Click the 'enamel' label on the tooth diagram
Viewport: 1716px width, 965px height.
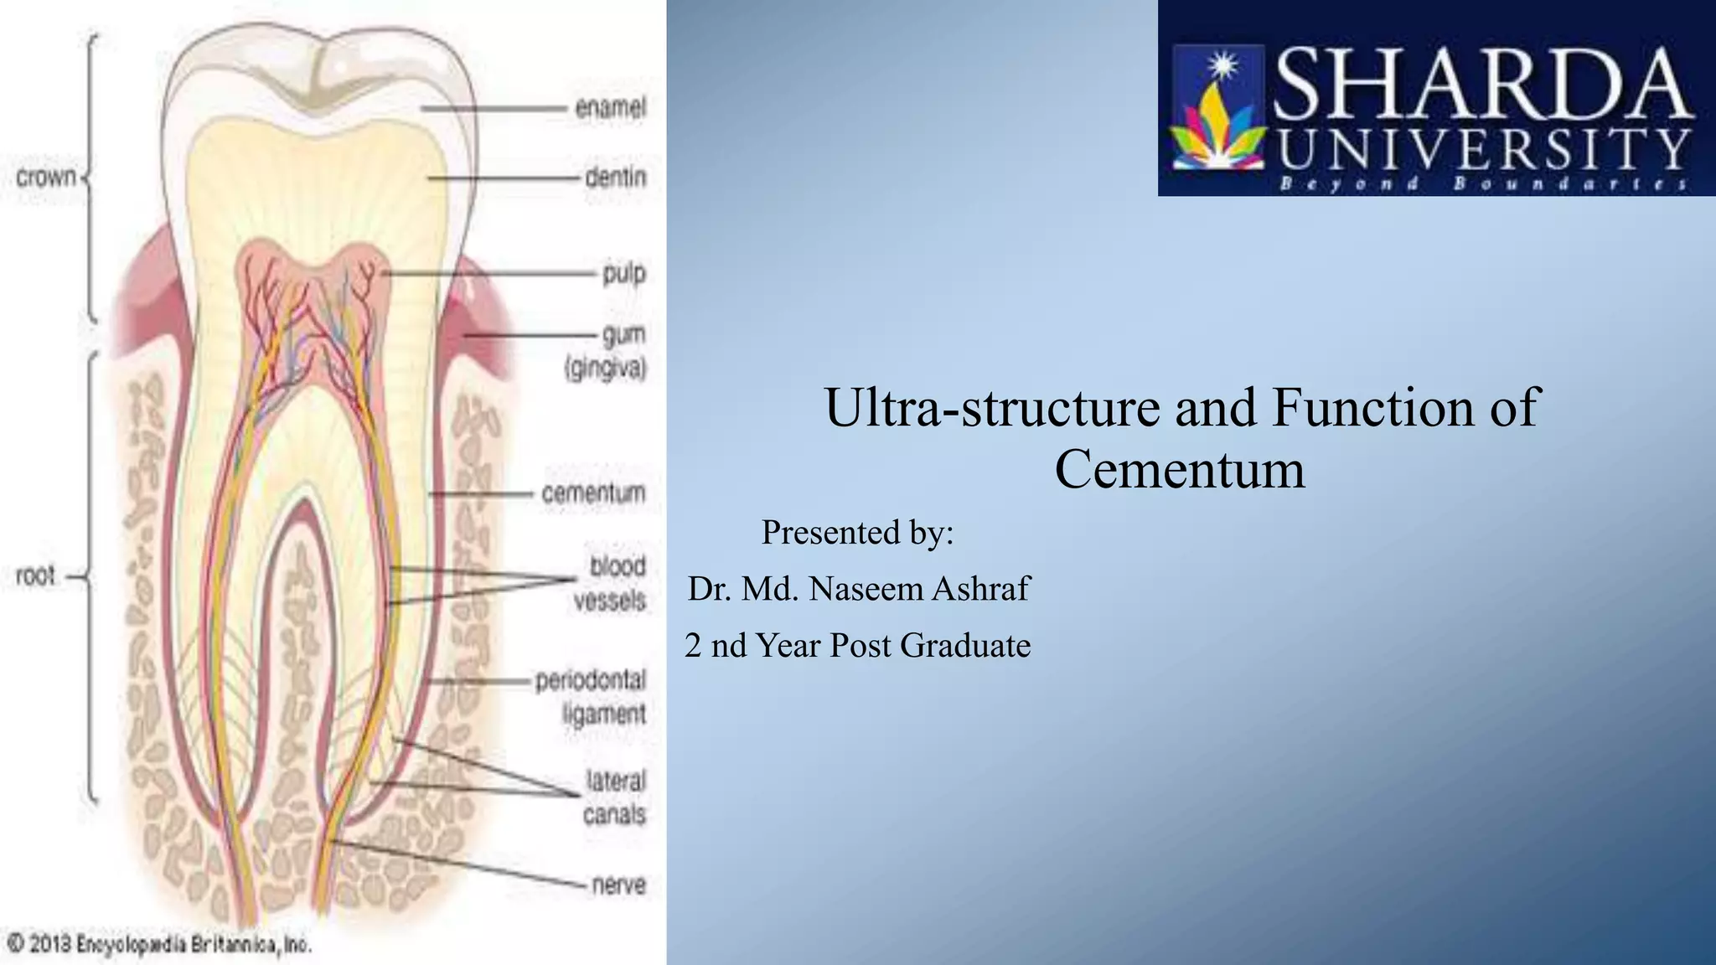pyautogui.click(x=610, y=108)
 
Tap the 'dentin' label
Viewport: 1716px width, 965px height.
pyautogui.click(x=615, y=178)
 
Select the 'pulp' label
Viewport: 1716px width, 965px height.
pyautogui.click(x=624, y=274)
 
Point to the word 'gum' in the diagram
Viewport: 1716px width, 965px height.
pyautogui.click(x=624, y=335)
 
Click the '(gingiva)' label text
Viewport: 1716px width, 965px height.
pyautogui.click(x=606, y=369)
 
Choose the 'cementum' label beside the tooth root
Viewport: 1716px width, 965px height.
pyautogui.click(x=593, y=493)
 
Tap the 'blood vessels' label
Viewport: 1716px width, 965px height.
pyautogui.click(x=611, y=583)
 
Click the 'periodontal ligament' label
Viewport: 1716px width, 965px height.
pyautogui.click(x=592, y=697)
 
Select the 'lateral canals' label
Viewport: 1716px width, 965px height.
pyautogui.click(x=616, y=797)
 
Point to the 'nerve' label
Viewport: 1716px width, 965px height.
pyautogui.click(x=619, y=885)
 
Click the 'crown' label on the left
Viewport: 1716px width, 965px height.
pyautogui.click(x=46, y=178)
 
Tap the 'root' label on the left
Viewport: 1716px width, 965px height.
pyautogui.click(x=35, y=576)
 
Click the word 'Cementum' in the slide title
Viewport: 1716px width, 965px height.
pyautogui.click(x=1180, y=469)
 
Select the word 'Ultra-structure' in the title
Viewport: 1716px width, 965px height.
pyautogui.click(x=994, y=408)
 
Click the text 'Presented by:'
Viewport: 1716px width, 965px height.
pyautogui.click(x=857, y=532)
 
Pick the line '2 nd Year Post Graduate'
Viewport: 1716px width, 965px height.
pyautogui.click(x=857, y=645)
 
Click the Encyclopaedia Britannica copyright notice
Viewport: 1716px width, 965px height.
pyautogui.click(x=159, y=945)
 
